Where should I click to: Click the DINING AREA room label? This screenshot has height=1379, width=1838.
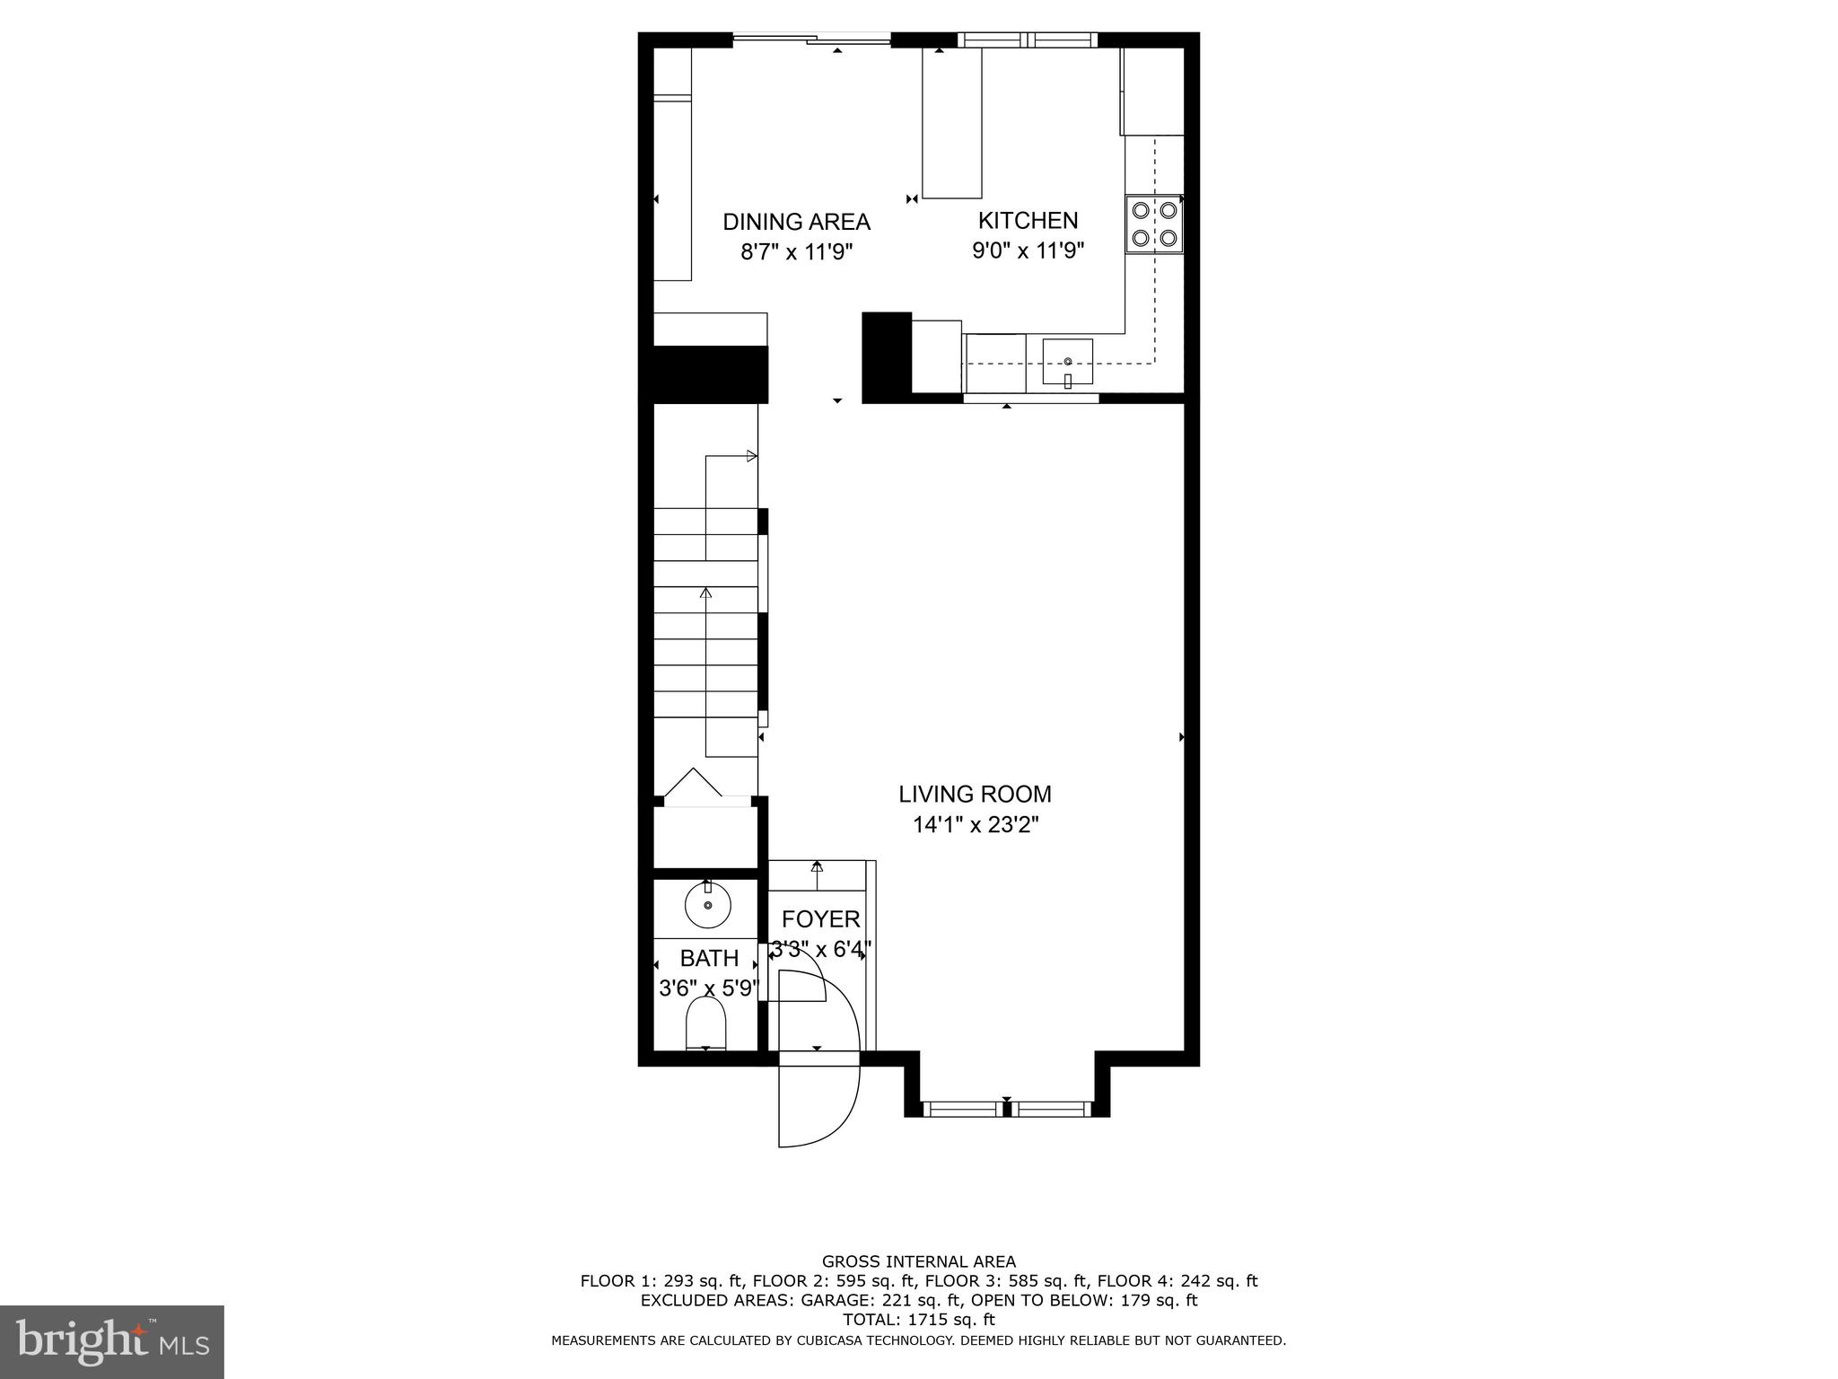point(796,222)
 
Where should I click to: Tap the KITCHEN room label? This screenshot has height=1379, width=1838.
point(1028,220)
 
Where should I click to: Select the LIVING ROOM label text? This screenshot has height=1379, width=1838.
point(975,794)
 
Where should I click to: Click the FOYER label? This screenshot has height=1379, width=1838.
point(820,919)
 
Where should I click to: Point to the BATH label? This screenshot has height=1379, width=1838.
point(709,958)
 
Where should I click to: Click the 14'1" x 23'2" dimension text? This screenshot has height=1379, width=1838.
point(975,825)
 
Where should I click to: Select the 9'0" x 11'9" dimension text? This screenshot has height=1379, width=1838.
point(1028,250)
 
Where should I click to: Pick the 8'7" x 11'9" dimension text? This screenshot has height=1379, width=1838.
point(796,251)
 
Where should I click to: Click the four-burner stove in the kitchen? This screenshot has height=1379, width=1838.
point(1154,224)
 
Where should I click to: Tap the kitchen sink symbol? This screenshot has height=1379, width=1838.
point(1067,361)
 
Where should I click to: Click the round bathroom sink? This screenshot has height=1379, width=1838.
point(708,905)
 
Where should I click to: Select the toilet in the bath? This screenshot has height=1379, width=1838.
point(705,1023)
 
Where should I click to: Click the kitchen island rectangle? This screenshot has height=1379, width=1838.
point(952,122)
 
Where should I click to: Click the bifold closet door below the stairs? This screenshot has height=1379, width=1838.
point(692,784)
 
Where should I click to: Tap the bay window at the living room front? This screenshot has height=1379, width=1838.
point(1006,1109)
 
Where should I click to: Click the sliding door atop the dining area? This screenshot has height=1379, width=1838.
point(812,39)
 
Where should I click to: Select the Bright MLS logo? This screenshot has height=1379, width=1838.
point(111,1341)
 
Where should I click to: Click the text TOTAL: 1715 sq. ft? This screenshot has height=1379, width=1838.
point(918,1320)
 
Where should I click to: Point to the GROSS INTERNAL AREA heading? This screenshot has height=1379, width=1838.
point(918,1261)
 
